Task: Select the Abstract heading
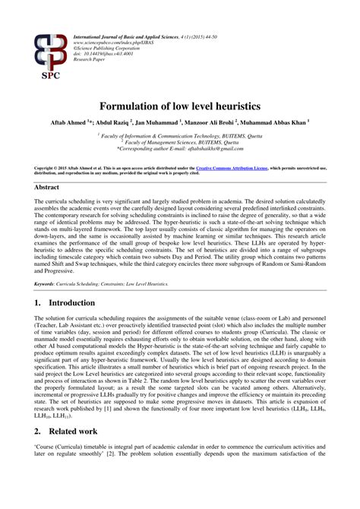[x=47, y=185]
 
